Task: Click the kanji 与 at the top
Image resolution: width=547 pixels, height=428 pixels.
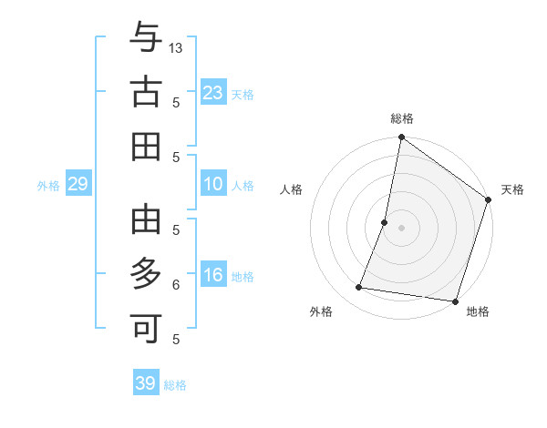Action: tap(146, 39)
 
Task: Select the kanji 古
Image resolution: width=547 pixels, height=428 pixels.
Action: tap(146, 93)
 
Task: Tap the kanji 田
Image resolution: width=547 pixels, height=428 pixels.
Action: tap(146, 146)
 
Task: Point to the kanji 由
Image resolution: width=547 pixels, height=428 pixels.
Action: tap(146, 220)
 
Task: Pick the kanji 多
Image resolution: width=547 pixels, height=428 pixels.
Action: tap(146, 274)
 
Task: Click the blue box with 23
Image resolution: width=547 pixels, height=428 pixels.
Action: tap(213, 93)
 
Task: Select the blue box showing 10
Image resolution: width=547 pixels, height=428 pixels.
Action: tap(213, 185)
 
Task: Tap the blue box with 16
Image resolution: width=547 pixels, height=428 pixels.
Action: tap(213, 275)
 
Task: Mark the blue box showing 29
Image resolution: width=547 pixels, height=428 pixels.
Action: tap(77, 185)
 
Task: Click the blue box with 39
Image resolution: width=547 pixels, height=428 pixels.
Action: tap(146, 383)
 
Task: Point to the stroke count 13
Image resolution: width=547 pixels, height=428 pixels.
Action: tap(177, 47)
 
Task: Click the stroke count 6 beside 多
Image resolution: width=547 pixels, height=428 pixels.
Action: tap(176, 284)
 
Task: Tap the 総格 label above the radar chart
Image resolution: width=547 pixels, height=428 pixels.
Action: tap(402, 119)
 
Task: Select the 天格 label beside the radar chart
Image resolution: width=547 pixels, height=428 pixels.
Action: tap(513, 189)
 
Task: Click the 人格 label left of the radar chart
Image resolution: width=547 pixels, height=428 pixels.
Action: tap(291, 189)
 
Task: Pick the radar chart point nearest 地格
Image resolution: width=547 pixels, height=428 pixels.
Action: tap(454, 301)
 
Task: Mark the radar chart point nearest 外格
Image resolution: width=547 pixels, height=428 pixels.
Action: tap(359, 288)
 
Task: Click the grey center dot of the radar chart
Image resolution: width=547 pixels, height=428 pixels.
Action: tap(401, 227)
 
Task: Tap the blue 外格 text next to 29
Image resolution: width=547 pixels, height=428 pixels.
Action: tap(48, 186)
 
